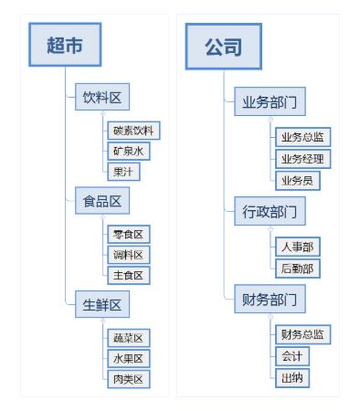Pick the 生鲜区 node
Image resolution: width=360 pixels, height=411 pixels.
coord(102,305)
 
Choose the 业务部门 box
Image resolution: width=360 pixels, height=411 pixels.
coord(270,101)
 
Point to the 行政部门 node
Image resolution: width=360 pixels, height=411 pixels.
coord(270,212)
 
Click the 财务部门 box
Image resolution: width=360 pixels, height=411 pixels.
coord(270,299)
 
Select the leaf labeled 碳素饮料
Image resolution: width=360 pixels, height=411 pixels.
coord(133,131)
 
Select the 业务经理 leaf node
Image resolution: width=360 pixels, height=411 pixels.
coord(302,159)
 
